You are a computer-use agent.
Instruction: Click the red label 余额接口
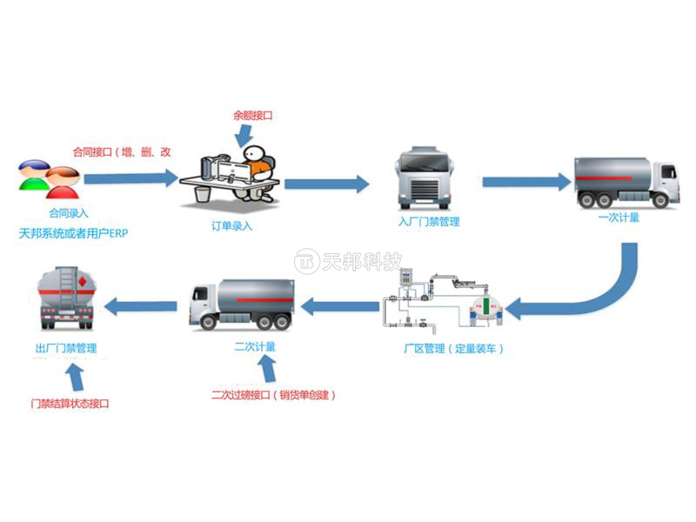pyautogui.click(x=253, y=114)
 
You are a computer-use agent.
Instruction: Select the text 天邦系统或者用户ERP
pyautogui.click(x=73, y=234)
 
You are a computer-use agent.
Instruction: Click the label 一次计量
pyautogui.click(x=619, y=217)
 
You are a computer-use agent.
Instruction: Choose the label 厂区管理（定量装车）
pyautogui.click(x=454, y=349)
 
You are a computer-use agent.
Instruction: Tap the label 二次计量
pyautogui.click(x=255, y=346)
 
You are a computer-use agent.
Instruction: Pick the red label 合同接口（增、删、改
pyautogui.click(x=122, y=151)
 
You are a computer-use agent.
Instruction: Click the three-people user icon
pyautogui.click(x=49, y=178)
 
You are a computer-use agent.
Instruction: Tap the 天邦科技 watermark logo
pyautogui.click(x=348, y=261)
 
